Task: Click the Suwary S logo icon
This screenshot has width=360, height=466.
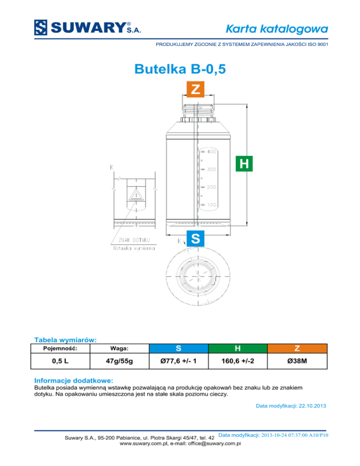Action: pos(40,28)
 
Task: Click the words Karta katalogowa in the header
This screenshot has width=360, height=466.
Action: pos(277,29)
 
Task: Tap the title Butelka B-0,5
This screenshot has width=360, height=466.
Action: pos(180,69)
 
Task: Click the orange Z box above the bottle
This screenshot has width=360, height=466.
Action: pos(195,89)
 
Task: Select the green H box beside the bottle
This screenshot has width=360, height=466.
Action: pos(244,164)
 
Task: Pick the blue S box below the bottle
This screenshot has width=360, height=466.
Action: pos(195,239)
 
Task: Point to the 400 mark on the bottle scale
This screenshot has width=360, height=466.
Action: pos(212,151)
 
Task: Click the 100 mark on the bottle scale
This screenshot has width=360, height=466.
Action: pos(212,205)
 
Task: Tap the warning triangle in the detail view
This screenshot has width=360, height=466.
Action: pos(136,195)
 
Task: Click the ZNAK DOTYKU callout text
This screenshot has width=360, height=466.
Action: pos(134,240)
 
